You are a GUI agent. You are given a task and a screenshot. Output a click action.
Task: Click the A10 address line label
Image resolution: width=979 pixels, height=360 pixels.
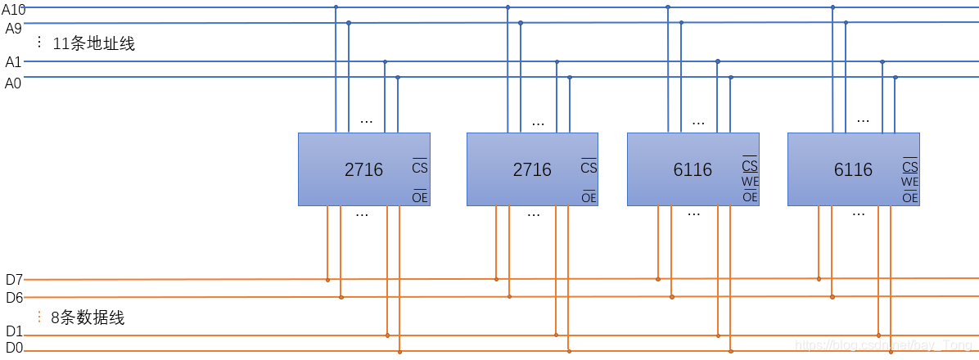(x=14, y=10)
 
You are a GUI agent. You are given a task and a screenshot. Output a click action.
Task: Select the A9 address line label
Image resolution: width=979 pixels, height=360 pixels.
(x=13, y=29)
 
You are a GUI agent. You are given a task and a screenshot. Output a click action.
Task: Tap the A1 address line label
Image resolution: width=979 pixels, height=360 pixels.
(x=13, y=62)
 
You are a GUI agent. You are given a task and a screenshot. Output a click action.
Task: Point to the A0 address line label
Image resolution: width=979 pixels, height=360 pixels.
(x=13, y=83)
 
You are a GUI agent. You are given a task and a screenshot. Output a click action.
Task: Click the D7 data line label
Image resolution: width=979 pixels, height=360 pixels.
(x=14, y=280)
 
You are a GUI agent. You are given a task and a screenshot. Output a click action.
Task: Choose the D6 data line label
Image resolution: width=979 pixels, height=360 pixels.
(x=14, y=298)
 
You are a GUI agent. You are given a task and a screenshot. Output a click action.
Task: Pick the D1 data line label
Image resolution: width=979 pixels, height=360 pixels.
(x=14, y=332)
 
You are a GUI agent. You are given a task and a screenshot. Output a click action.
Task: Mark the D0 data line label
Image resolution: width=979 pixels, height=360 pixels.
(x=14, y=349)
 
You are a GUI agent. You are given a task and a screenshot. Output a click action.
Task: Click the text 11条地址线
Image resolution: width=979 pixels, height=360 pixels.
(x=93, y=44)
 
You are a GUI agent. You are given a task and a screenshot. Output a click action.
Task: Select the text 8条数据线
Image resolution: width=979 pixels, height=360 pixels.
(x=88, y=318)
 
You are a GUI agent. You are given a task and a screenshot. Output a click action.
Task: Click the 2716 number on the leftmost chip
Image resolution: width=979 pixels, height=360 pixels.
(x=363, y=170)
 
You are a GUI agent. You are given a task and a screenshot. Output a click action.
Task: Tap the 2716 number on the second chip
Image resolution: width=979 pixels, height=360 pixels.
(x=532, y=170)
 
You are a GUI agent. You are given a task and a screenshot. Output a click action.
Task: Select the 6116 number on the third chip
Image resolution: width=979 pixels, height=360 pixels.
(x=693, y=170)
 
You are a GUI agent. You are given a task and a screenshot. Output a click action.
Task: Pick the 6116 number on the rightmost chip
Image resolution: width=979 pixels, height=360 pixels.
(x=853, y=170)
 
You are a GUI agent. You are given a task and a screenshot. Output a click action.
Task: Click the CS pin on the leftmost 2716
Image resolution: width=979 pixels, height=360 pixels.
(x=420, y=168)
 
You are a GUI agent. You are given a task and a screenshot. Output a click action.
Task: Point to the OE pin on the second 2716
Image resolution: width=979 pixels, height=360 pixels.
(x=589, y=197)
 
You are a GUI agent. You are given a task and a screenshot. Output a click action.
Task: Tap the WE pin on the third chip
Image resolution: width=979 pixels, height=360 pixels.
(x=750, y=182)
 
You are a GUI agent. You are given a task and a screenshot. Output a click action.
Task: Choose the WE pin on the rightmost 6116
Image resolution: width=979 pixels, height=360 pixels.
(x=910, y=182)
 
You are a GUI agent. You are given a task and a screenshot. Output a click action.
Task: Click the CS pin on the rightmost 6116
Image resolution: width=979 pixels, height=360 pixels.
(x=910, y=166)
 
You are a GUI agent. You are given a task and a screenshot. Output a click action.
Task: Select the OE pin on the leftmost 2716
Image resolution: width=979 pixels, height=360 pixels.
(x=420, y=197)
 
